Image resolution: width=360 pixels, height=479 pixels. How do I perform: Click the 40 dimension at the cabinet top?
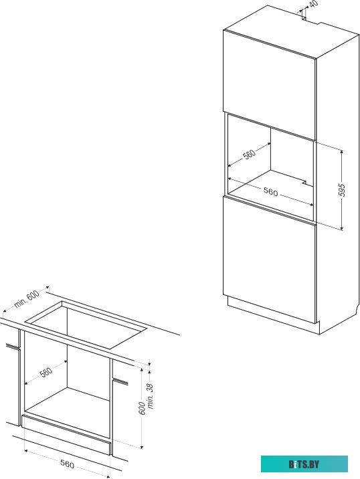(x=313, y=3)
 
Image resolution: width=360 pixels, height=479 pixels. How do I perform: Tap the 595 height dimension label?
(x=343, y=190)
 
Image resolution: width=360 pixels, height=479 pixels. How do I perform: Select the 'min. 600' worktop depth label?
(x=27, y=299)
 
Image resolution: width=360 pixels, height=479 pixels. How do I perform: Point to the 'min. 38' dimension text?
(x=151, y=396)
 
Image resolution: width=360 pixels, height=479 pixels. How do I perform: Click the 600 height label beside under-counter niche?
(x=142, y=408)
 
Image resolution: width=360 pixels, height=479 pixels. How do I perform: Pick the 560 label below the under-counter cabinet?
(x=67, y=464)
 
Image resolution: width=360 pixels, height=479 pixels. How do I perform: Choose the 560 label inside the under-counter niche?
(x=46, y=373)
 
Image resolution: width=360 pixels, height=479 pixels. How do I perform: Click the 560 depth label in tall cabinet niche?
(x=249, y=155)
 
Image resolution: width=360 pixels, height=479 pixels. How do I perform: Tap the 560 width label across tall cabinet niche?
(x=271, y=191)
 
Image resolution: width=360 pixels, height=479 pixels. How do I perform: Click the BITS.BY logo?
(x=304, y=464)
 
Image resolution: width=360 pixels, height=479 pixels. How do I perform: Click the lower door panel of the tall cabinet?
(x=269, y=260)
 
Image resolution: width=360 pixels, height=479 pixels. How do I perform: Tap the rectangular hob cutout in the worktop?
(x=86, y=324)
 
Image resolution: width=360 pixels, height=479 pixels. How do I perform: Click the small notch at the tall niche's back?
(x=304, y=183)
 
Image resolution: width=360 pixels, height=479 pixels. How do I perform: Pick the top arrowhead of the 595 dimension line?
(x=342, y=152)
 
